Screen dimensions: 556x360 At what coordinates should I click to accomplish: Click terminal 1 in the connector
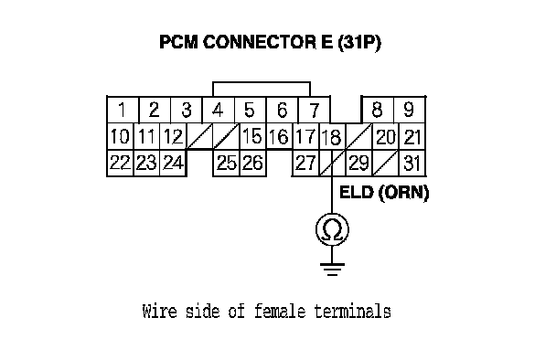tap(123, 110)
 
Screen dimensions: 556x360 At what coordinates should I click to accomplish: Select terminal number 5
tap(250, 110)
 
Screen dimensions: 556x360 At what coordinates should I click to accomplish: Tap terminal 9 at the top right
tap(409, 110)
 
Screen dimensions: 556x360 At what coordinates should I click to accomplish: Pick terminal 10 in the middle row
tap(120, 136)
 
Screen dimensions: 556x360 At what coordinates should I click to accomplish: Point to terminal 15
tap(252, 136)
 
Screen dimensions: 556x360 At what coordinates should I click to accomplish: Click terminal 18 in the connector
tap(332, 136)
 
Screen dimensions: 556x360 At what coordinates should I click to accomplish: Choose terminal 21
tap(412, 136)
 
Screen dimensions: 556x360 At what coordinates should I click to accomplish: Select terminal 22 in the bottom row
tap(120, 163)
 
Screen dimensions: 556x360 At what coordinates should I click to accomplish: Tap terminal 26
tap(252, 163)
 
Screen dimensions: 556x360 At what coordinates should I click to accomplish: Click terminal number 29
tap(358, 163)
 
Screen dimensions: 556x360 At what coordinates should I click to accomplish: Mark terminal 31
tap(412, 163)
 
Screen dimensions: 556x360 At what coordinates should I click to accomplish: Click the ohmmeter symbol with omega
tap(332, 229)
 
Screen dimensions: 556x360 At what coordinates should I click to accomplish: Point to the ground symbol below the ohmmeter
tap(332, 270)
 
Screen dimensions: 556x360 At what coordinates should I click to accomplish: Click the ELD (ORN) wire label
tap(384, 193)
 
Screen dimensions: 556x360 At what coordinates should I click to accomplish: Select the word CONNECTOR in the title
tap(260, 42)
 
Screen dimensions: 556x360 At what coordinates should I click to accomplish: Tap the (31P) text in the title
tap(359, 43)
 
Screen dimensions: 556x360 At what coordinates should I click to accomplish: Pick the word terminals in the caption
tap(352, 311)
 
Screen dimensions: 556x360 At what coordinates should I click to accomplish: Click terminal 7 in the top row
tap(315, 110)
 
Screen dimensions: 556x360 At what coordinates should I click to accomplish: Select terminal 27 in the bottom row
tap(305, 163)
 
